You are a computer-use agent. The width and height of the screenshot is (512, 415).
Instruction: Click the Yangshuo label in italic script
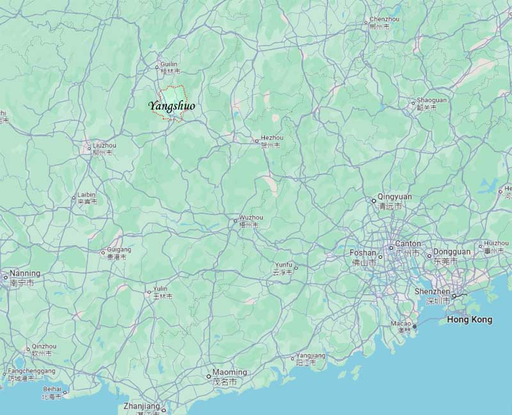(172, 106)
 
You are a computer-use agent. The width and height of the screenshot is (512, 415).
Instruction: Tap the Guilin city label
(169, 65)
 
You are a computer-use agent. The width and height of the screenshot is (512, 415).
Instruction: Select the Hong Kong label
(469, 320)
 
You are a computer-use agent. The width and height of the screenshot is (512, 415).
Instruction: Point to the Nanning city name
(25, 273)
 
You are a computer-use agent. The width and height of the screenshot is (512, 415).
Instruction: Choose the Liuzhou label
(104, 145)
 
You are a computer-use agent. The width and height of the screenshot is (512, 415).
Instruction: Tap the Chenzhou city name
(384, 20)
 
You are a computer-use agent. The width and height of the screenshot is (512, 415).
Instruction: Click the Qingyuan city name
(395, 197)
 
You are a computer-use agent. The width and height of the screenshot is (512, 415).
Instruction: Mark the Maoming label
(229, 372)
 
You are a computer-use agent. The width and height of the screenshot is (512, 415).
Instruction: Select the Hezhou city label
(271, 138)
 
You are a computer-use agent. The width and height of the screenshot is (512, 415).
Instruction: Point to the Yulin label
(160, 289)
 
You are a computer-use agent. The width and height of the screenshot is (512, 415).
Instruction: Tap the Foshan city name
(363, 253)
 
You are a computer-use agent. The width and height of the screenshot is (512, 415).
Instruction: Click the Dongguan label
(452, 252)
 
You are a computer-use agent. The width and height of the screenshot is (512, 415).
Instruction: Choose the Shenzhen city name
(432, 291)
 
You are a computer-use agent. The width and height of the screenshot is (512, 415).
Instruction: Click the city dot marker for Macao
(414, 327)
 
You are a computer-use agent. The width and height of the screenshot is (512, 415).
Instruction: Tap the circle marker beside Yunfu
(296, 268)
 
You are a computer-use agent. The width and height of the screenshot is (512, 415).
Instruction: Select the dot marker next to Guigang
(103, 252)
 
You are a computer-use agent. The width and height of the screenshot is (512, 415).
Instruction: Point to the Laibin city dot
(74, 199)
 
